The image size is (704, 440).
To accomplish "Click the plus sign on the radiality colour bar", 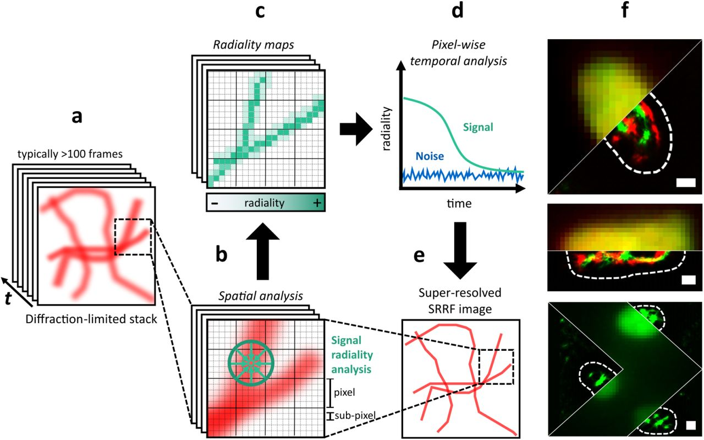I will click(x=316, y=203).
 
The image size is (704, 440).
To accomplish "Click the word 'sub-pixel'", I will click(x=355, y=416).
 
